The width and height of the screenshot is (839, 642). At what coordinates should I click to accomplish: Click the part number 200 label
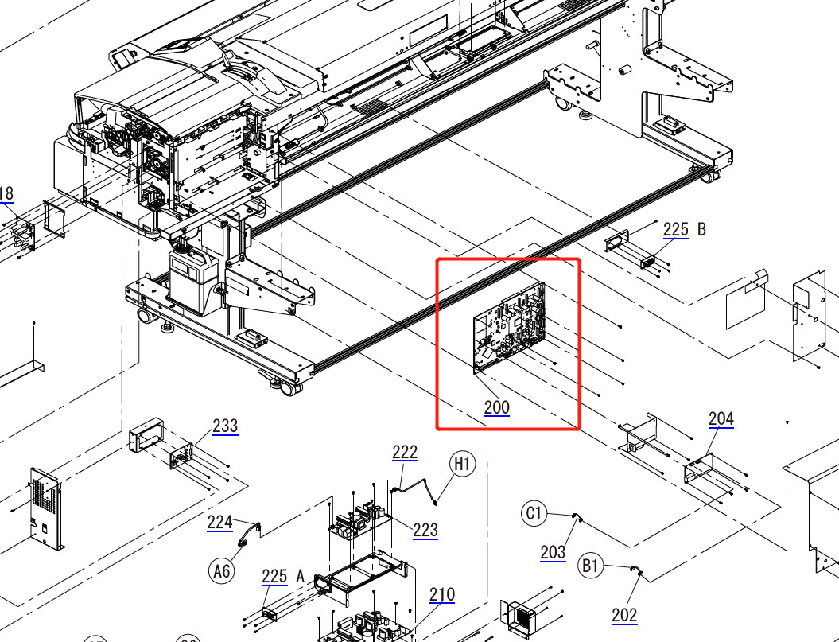(497, 408)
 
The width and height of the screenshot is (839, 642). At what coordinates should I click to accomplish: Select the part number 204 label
(721, 419)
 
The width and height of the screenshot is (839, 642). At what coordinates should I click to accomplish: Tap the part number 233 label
(225, 426)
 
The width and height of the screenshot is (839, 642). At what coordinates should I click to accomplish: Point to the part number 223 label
(425, 530)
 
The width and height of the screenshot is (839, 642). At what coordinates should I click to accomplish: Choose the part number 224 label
(219, 523)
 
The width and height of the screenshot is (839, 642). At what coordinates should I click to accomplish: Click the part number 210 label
(442, 594)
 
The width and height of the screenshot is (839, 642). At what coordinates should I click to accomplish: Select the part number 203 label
(553, 552)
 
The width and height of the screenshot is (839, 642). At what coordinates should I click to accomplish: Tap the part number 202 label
(624, 614)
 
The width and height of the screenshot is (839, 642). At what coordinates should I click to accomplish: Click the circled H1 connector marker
(463, 463)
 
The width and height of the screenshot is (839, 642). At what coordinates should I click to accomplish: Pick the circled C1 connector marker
(534, 513)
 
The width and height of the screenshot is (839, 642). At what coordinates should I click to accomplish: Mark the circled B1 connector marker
(590, 566)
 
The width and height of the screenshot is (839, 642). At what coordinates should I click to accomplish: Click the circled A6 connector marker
(222, 570)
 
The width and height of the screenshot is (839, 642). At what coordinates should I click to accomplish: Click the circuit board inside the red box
(509, 326)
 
